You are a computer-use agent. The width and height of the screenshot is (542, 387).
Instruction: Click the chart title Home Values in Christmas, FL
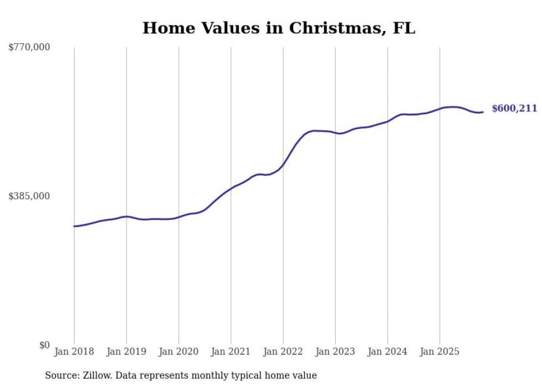(x=279, y=28)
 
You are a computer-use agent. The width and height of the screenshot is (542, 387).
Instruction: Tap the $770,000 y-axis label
(x=29, y=48)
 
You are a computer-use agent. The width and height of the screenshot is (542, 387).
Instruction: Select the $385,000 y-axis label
(x=29, y=196)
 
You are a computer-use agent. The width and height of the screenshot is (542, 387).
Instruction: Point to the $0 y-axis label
(x=44, y=345)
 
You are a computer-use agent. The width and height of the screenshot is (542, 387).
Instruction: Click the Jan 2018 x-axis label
(x=74, y=352)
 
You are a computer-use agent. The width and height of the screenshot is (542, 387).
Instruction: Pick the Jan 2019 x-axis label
(x=126, y=352)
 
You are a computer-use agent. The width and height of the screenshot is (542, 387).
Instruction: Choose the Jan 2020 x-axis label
(x=179, y=352)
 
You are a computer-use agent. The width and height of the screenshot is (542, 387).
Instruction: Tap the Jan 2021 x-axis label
(x=231, y=352)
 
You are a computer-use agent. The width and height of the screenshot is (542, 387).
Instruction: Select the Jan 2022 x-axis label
(x=283, y=352)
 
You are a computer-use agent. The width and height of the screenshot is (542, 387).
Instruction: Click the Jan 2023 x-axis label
(x=335, y=352)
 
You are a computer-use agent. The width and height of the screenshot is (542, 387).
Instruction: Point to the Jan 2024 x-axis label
(x=388, y=352)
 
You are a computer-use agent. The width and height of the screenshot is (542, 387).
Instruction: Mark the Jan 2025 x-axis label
(x=440, y=352)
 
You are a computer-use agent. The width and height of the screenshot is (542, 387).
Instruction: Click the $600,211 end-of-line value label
(x=514, y=109)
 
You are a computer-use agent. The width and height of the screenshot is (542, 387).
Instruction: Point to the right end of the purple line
(x=483, y=112)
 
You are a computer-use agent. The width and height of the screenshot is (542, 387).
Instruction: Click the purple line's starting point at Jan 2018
(x=74, y=226)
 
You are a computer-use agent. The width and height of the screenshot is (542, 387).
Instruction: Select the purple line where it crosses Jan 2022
(x=283, y=164)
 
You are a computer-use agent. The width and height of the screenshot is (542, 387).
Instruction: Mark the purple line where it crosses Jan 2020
(x=179, y=217)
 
